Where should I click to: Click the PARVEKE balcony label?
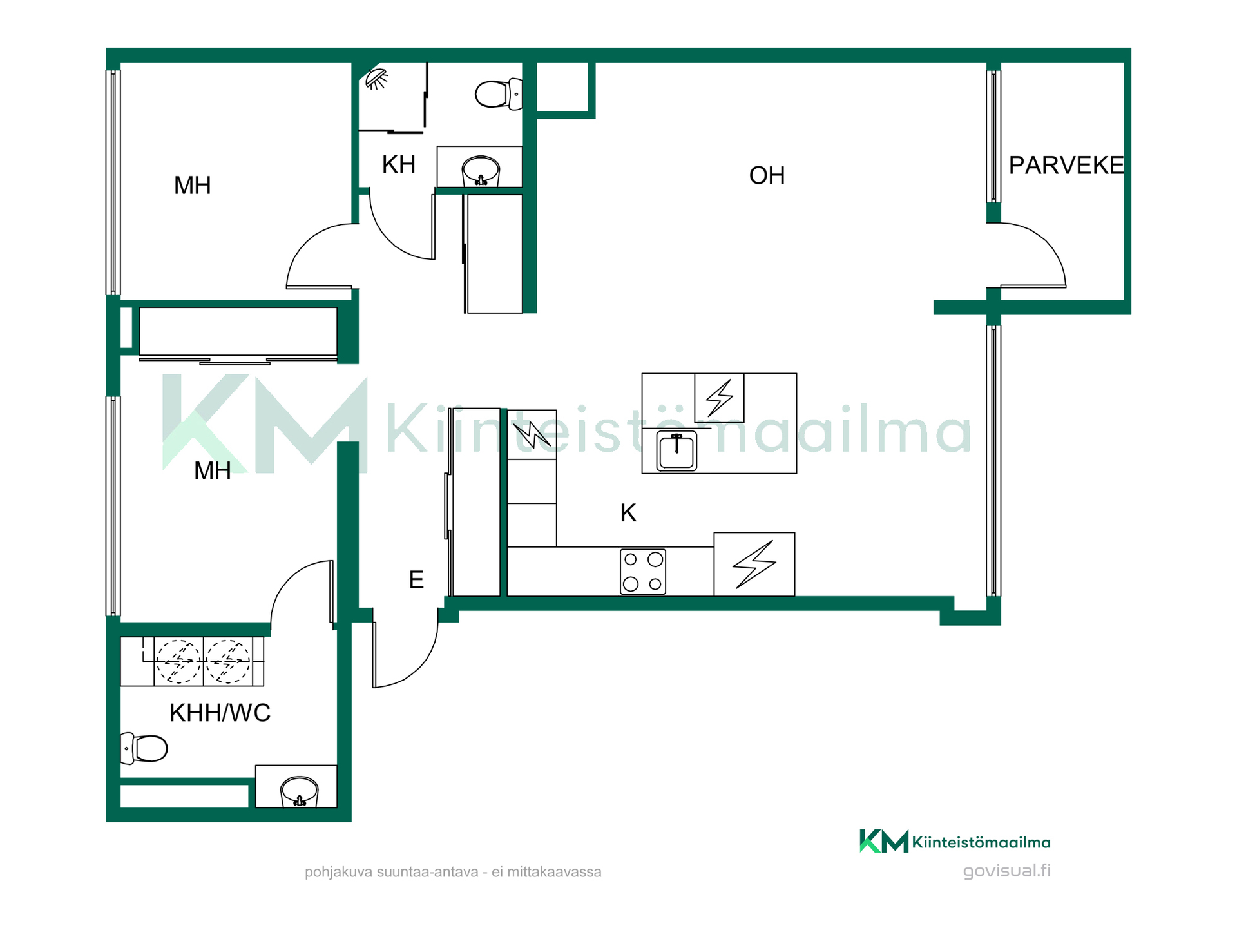[x=1066, y=166]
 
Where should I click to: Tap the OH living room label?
[x=767, y=175]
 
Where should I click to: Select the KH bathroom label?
[x=398, y=165]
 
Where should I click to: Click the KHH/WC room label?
[x=220, y=713]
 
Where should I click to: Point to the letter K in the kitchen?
[x=628, y=513]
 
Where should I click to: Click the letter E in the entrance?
[x=416, y=580]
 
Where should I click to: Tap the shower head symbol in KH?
[x=376, y=79]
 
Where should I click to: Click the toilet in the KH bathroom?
[x=499, y=94]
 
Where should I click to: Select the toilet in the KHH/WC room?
[x=144, y=748]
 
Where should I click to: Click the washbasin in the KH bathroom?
[x=481, y=170]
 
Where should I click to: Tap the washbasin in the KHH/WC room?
[x=300, y=791]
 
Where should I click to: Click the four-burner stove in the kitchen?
[x=643, y=572]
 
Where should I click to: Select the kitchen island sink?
[x=676, y=450]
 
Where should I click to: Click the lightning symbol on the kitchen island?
[x=720, y=398]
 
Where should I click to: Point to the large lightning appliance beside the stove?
[x=754, y=564]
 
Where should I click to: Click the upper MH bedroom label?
[x=193, y=186]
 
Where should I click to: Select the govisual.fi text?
[x=1007, y=871]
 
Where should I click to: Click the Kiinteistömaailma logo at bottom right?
[x=955, y=842]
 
